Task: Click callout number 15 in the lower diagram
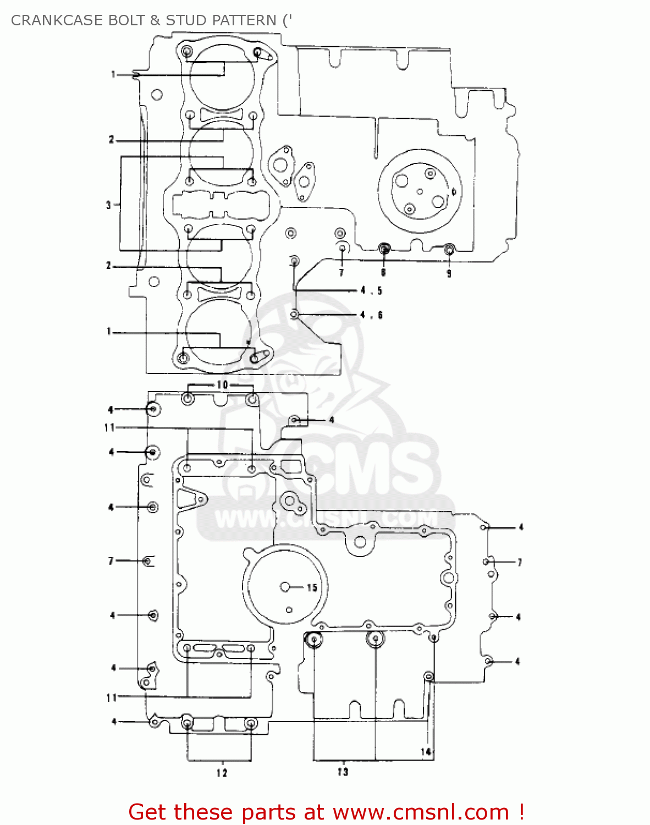(312, 587)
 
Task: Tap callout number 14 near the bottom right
(426, 751)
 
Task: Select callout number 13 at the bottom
(343, 772)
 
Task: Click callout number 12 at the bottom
(221, 773)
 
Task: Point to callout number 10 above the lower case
(222, 384)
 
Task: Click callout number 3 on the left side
(109, 205)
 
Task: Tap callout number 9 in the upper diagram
(449, 273)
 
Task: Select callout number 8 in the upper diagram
(383, 272)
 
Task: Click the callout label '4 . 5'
(371, 290)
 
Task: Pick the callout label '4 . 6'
(371, 315)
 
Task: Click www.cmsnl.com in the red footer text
(421, 812)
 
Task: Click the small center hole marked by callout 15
(285, 587)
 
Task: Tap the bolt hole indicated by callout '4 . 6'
(295, 314)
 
